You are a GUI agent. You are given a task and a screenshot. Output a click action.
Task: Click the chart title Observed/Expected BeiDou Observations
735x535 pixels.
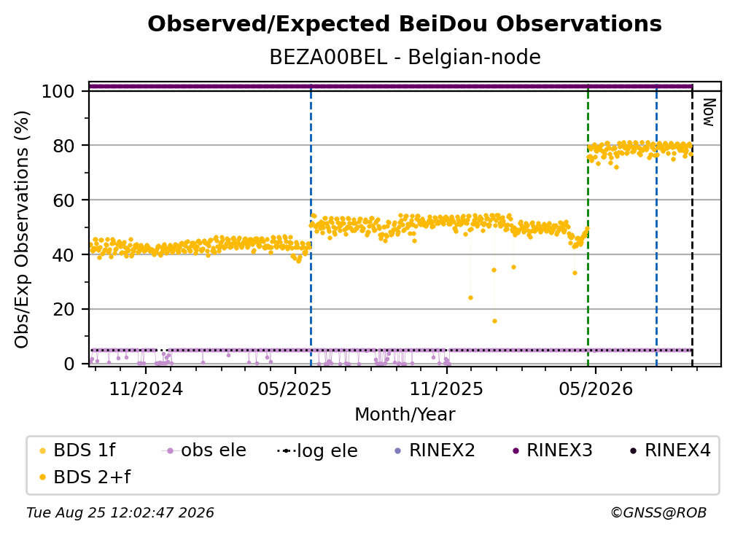tap(405, 24)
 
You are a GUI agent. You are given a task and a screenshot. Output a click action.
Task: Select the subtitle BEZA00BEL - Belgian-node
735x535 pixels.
tap(405, 57)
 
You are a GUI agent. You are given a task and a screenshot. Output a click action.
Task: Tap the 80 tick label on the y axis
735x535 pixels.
tap(64, 146)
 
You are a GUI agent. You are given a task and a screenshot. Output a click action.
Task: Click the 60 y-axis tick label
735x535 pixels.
tap(64, 200)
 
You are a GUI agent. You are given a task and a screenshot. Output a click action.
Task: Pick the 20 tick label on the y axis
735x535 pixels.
tap(64, 309)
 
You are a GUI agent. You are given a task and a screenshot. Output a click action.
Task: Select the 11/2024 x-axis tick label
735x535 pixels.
tap(146, 388)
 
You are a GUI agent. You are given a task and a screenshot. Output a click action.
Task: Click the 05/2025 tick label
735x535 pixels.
tap(295, 388)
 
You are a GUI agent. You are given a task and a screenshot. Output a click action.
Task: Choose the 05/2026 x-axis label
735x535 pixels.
tap(595, 388)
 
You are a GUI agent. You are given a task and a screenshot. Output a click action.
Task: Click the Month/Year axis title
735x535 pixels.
tap(405, 414)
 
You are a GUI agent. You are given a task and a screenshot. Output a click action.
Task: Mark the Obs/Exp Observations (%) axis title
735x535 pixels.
tap(22, 230)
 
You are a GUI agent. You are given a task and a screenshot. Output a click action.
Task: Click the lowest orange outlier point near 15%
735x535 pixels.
tap(494, 321)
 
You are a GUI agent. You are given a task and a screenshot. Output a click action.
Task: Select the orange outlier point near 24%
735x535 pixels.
tap(470, 298)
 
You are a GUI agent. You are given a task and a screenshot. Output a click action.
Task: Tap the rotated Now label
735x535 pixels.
tap(708, 112)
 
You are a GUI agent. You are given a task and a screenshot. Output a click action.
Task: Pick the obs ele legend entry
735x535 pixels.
tap(203, 450)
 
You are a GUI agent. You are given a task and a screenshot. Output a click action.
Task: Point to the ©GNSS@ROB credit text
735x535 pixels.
tap(658, 513)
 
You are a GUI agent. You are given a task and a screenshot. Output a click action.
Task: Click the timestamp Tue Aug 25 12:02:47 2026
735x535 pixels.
tap(120, 513)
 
